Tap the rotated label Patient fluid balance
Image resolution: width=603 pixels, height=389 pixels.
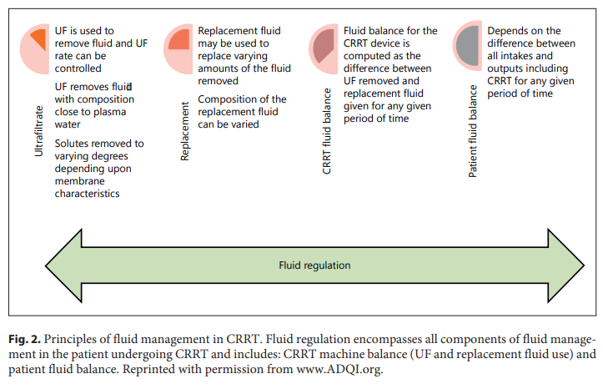[472, 134]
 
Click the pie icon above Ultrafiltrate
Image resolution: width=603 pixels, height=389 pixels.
[37, 41]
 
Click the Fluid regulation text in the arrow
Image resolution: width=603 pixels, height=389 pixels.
[314, 265]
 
